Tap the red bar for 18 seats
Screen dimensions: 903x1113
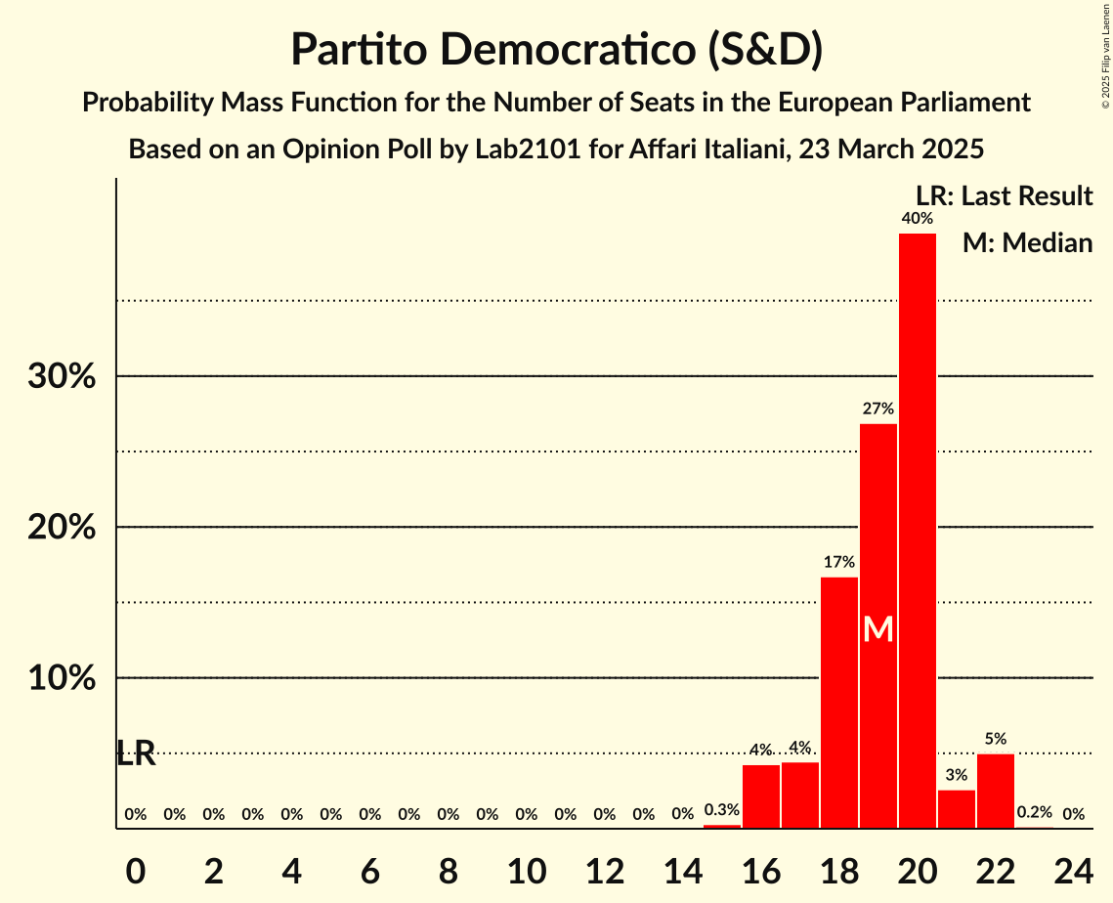[839, 703]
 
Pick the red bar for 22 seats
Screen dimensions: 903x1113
[996, 791]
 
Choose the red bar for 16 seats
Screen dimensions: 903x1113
[761, 796]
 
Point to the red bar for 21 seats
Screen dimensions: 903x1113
[957, 808]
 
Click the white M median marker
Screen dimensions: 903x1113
[878, 629]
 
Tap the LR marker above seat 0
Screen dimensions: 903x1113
[136, 753]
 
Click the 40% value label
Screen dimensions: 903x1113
[918, 219]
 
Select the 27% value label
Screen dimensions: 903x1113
[878, 408]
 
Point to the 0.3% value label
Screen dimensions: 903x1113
[722, 810]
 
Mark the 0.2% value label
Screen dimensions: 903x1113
[1035, 812]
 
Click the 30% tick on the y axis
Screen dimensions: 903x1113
[62, 376]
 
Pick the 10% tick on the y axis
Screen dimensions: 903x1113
[62, 678]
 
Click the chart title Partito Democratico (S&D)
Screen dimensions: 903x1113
[556, 49]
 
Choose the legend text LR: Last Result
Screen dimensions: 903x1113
[1004, 195]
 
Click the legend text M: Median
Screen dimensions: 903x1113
[1027, 242]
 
